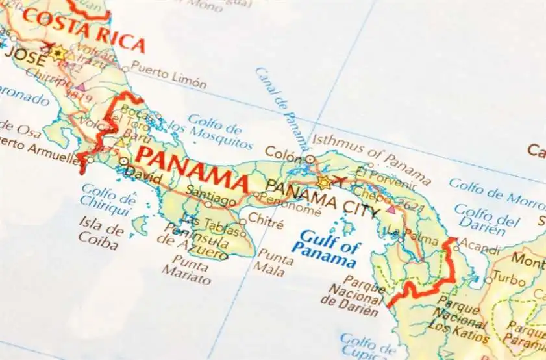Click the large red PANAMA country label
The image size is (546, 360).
pos(193,167)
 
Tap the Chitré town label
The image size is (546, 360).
pos(266,224)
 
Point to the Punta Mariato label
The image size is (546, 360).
pos(192,270)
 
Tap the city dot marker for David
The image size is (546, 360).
pos(123,161)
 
